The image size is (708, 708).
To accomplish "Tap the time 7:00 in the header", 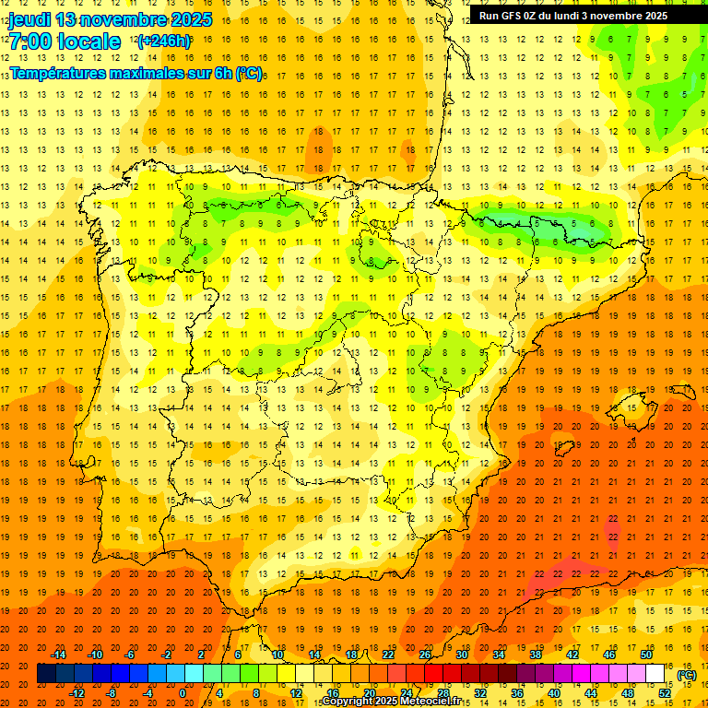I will (x=31, y=41).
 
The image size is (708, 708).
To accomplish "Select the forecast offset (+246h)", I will (x=163, y=41).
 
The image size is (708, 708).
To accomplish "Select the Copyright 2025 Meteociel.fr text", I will (x=392, y=702).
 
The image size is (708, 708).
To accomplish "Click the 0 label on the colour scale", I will (x=183, y=693).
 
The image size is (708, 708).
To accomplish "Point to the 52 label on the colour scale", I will (x=665, y=693).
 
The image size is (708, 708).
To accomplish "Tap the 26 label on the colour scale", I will (x=424, y=655).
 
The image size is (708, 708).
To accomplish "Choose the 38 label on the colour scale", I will (x=535, y=655).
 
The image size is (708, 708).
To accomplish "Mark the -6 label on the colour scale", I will (x=129, y=655).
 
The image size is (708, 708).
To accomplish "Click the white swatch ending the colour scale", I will (x=655, y=674).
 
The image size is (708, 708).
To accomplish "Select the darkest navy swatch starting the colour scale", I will (x=46, y=674).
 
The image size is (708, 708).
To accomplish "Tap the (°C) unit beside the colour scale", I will (x=687, y=674).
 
